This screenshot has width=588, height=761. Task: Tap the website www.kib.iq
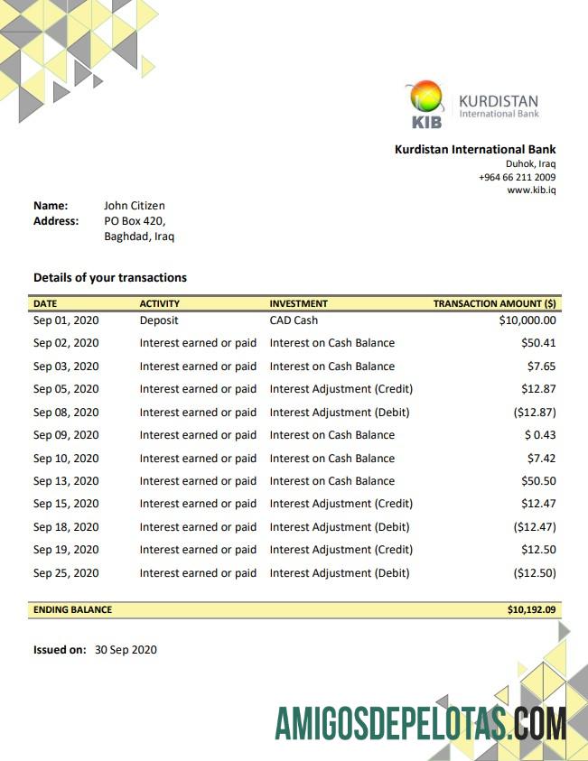pyautogui.click(x=531, y=190)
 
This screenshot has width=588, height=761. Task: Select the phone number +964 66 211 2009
pyautogui.click(x=517, y=177)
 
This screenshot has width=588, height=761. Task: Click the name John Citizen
pyautogui.click(x=135, y=206)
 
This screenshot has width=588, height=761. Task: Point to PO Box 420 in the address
pyautogui.click(x=134, y=220)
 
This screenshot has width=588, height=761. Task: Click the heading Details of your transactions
pyautogui.click(x=110, y=277)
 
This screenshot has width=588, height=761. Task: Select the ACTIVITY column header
pyautogui.click(x=160, y=304)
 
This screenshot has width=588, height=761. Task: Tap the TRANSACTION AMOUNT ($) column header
pyautogui.click(x=494, y=304)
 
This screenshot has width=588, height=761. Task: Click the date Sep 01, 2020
pyautogui.click(x=66, y=320)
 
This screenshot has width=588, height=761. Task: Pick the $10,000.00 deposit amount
pyautogui.click(x=527, y=320)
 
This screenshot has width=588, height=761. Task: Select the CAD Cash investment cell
pyautogui.click(x=294, y=320)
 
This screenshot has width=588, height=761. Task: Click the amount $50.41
pyautogui.click(x=538, y=343)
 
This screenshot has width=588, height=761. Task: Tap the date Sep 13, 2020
pyautogui.click(x=66, y=481)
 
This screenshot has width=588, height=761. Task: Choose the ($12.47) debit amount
pyautogui.click(x=535, y=527)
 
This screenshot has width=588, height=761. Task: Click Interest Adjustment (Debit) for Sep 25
pyautogui.click(x=340, y=573)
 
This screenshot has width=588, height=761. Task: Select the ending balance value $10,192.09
pyautogui.click(x=531, y=610)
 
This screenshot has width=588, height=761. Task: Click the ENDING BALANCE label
pyautogui.click(x=73, y=610)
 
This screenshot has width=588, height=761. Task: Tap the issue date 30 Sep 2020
pyautogui.click(x=126, y=649)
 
